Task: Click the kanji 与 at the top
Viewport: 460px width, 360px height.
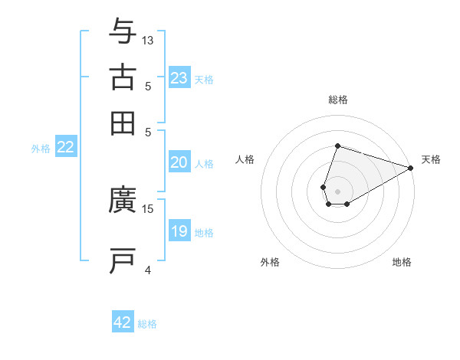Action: pos(123,31)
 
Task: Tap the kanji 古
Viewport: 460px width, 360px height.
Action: pos(123,77)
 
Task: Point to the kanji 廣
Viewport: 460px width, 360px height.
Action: pos(123,201)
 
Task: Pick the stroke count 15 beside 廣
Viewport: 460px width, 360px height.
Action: pos(148,208)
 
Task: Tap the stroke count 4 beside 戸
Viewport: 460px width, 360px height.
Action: pos(148,270)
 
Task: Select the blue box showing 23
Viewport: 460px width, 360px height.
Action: pos(179,78)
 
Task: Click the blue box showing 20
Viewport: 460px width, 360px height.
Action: pos(179,162)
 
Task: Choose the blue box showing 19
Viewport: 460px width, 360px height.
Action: pos(179,231)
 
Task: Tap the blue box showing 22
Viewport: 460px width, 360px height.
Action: pos(65,148)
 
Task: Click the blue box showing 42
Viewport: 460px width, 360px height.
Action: pos(123,322)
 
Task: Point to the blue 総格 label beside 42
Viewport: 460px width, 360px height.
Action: pos(147,324)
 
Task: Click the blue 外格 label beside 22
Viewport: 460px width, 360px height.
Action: pos(41,149)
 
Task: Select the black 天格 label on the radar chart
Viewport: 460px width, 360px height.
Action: pos(431,159)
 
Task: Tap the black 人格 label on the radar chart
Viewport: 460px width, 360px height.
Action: pos(245,159)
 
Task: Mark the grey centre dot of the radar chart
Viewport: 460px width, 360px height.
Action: pos(337,190)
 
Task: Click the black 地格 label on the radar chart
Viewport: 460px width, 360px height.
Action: pos(402,263)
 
